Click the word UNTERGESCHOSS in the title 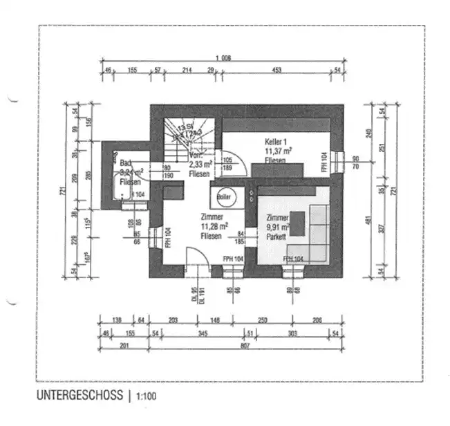79,397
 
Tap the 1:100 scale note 147,398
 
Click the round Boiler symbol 223,197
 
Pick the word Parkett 276,236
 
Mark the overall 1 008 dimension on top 222,58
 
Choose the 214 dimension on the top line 186,71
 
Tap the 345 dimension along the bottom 202,334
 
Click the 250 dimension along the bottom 262,320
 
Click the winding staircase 183,135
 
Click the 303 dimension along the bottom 292,334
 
